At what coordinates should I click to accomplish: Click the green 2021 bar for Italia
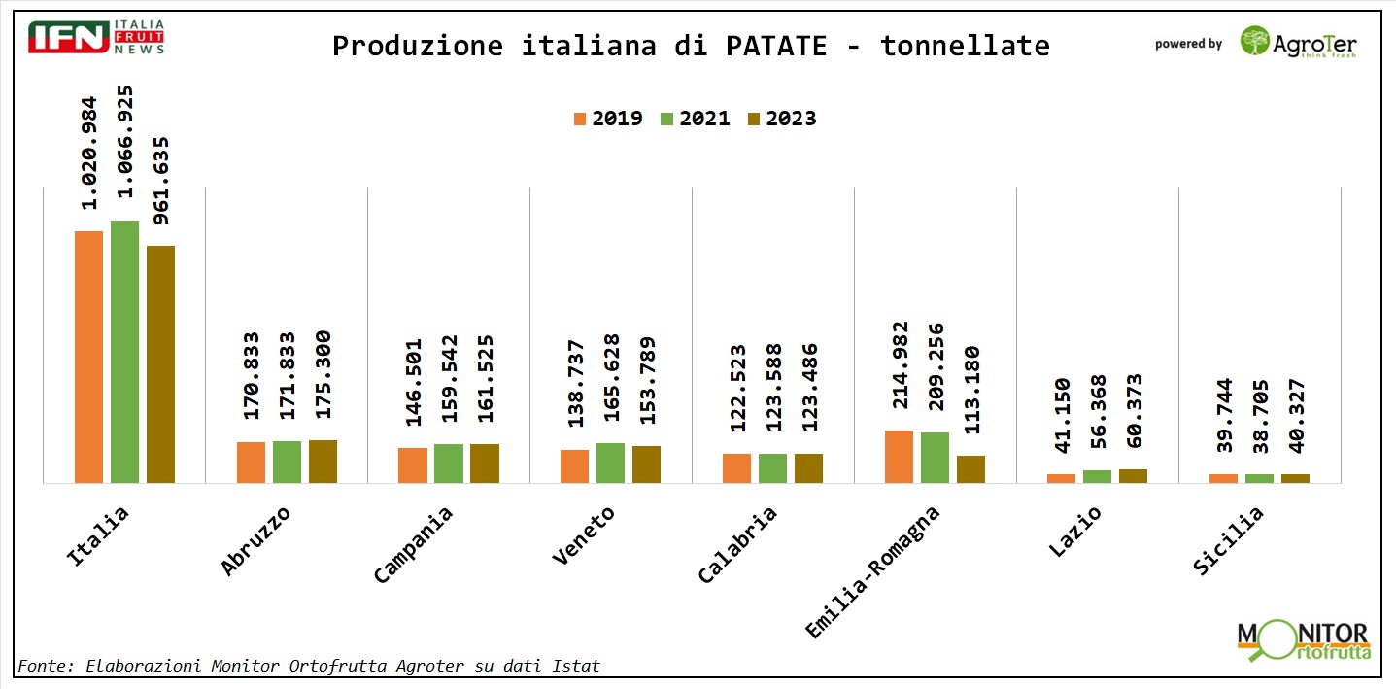(x=124, y=351)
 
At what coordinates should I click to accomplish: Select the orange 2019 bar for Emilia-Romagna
(x=899, y=456)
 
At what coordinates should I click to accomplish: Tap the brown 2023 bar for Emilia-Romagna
(x=970, y=468)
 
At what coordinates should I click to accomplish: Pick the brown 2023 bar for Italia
(x=160, y=363)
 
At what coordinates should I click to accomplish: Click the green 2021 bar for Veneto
(x=610, y=463)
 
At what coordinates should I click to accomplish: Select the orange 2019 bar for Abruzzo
(x=251, y=462)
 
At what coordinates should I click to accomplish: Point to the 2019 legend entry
(x=608, y=119)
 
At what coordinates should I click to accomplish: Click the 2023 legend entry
(x=781, y=119)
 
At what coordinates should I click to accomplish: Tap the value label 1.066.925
(x=124, y=147)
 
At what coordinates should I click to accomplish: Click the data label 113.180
(x=970, y=389)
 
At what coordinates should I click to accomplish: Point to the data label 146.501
(x=413, y=382)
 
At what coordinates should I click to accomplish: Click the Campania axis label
(x=413, y=545)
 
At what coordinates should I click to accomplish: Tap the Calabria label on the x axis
(x=737, y=545)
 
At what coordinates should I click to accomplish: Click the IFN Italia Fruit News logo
(x=96, y=36)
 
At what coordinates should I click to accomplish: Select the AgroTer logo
(x=1298, y=43)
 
